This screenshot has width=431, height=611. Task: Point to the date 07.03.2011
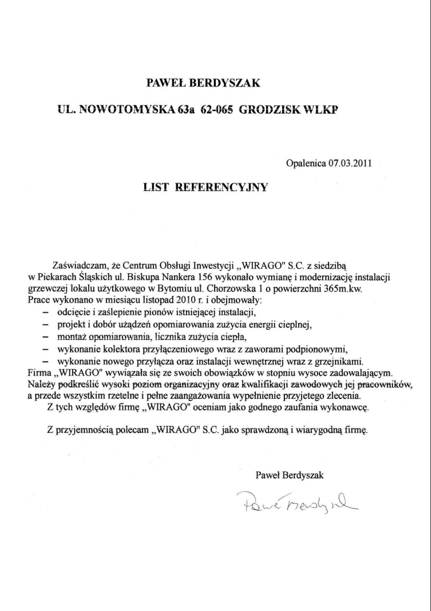point(350,163)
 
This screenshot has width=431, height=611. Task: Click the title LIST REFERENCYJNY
point(205,187)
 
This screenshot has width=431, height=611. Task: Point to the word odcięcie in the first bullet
point(73,313)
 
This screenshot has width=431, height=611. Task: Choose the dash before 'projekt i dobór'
point(46,325)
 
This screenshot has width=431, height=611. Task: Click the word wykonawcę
point(347,408)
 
